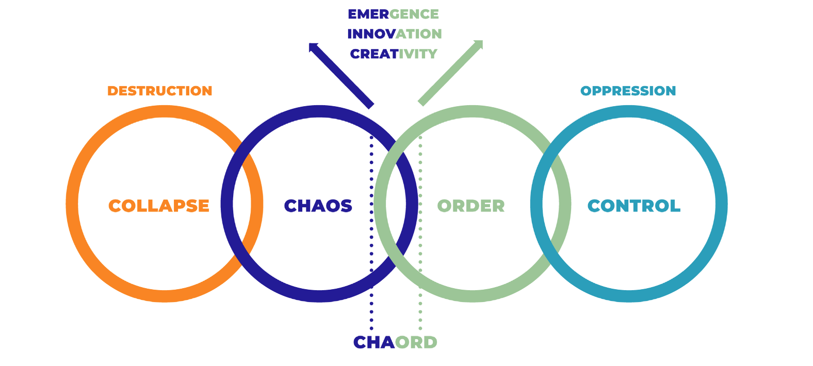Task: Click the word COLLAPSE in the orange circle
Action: tap(159, 206)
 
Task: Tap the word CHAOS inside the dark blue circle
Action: tap(318, 206)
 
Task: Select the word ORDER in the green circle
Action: tap(470, 206)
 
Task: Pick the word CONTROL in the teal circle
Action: tap(634, 206)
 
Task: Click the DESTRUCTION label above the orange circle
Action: tap(159, 91)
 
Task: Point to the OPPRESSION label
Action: tap(628, 91)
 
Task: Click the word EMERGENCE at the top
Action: tap(393, 14)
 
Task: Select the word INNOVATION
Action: tap(394, 34)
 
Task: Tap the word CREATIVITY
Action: tap(394, 54)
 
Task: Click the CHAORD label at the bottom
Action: tap(395, 342)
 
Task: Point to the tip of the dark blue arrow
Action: tap(311, 45)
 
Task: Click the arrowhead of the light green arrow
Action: tap(480, 43)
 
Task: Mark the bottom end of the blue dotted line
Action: tap(371, 328)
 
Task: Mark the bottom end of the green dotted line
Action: tap(420, 328)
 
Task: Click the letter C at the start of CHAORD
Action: tap(360, 342)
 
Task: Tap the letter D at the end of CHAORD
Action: tap(430, 342)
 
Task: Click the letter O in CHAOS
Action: tap(332, 206)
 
